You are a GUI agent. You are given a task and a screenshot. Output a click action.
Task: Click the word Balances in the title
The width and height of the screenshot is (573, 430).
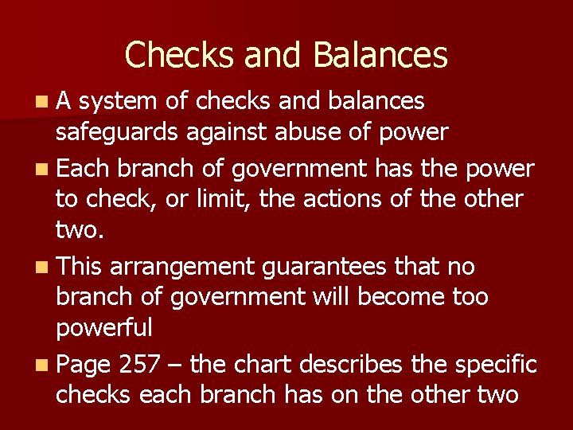pyautogui.click(x=380, y=55)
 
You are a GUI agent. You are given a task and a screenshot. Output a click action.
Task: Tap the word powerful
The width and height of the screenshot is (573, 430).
pyautogui.click(x=104, y=328)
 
